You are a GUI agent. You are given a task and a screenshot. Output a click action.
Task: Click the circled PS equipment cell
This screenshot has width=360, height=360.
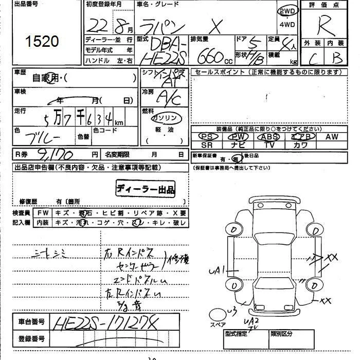click(207, 137)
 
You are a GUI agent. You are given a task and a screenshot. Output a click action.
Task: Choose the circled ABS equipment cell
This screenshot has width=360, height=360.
click(270, 137)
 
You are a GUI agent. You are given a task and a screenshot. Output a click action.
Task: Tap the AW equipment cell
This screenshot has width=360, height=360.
click(332, 137)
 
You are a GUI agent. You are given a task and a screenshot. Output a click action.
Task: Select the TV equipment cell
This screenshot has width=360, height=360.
click(270, 145)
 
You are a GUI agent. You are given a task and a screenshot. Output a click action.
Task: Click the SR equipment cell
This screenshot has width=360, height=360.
click(207, 145)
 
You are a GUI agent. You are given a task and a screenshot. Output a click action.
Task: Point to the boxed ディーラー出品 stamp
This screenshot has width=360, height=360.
click(146, 189)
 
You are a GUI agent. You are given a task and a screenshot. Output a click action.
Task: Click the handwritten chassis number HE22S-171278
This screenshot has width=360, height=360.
click(105, 323)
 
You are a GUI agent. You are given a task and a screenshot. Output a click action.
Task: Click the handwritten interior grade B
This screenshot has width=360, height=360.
click(337, 58)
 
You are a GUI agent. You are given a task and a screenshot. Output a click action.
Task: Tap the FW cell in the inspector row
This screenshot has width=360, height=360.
click(43, 213)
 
